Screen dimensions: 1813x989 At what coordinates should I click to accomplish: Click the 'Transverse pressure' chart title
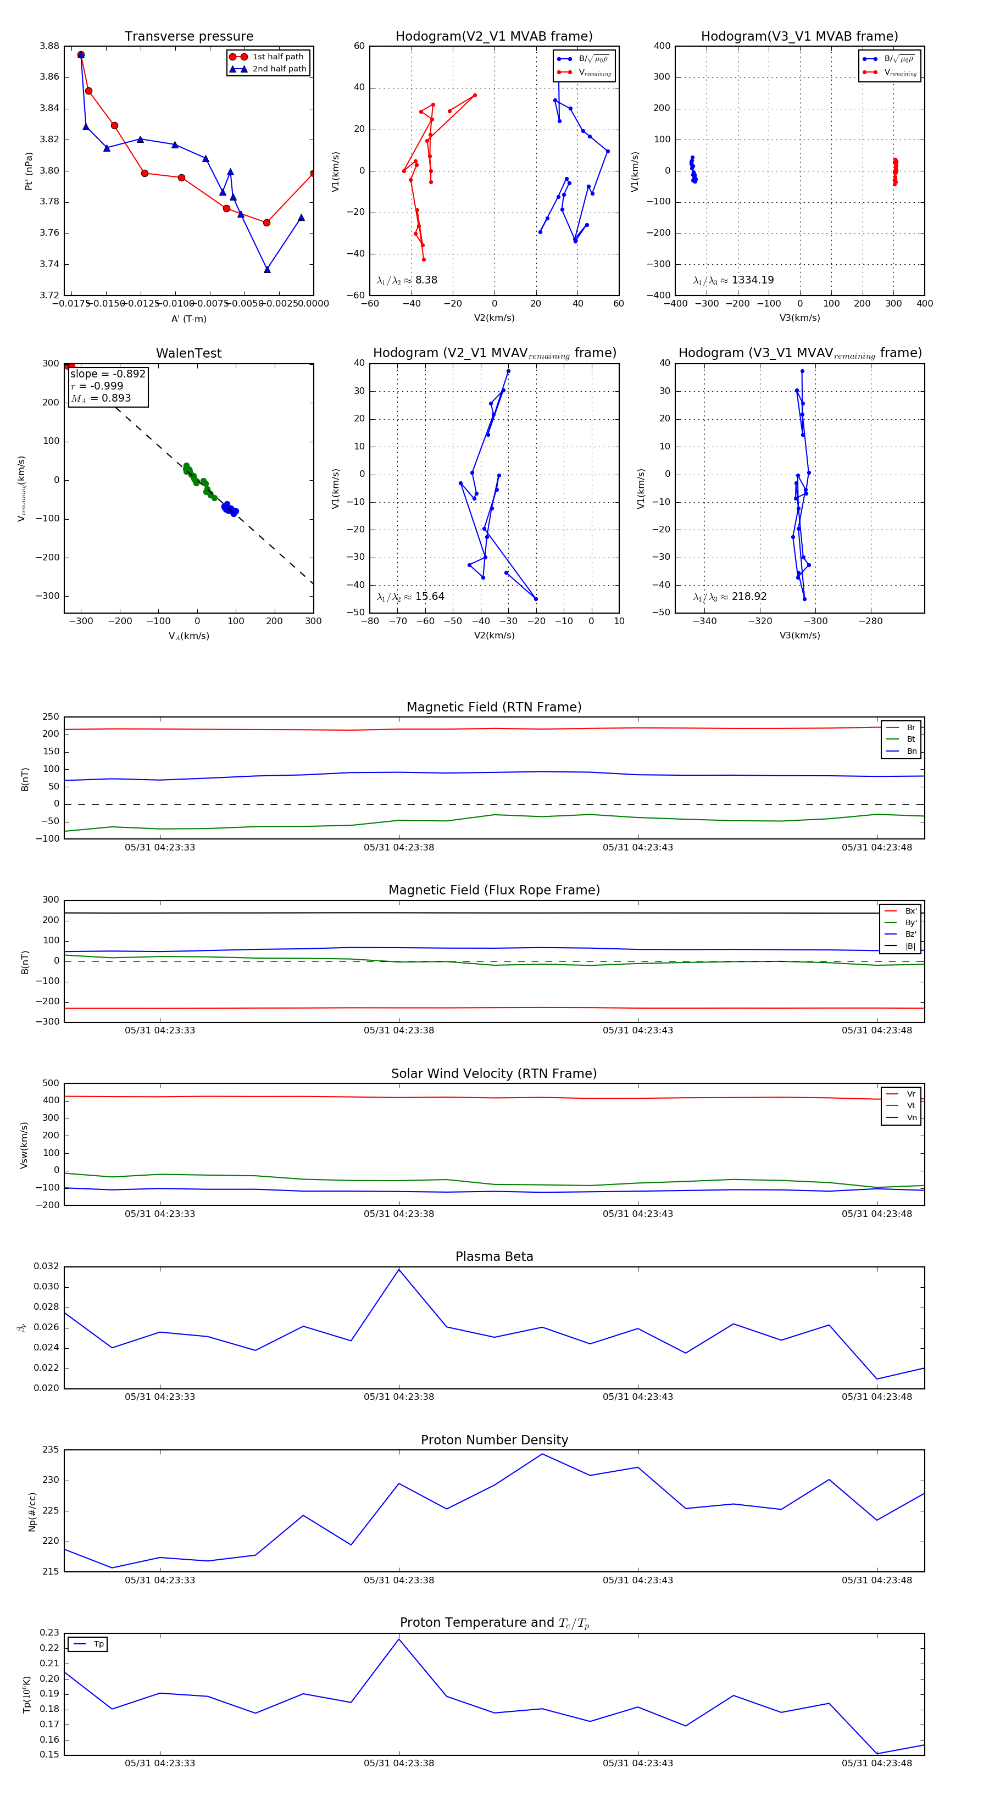coord(188,37)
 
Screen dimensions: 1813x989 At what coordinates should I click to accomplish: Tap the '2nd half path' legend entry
coord(279,69)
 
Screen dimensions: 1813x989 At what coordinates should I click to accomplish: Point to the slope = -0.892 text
coord(108,374)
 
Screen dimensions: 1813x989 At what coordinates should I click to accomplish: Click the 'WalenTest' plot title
coord(188,353)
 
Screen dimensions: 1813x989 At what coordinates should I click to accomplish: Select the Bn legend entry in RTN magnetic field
coord(911,751)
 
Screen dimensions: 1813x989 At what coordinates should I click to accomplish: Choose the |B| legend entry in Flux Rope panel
coord(909,947)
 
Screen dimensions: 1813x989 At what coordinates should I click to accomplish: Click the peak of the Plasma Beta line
coord(399,1270)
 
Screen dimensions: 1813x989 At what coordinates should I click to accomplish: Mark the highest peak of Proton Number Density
coord(542,1454)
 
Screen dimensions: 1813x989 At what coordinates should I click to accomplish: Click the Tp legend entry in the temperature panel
coord(98,1644)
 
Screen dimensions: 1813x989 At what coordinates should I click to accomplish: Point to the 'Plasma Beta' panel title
coord(494,1257)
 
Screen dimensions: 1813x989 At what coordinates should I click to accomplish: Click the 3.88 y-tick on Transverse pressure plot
coord(49,47)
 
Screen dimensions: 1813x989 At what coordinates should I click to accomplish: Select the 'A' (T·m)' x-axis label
coord(188,319)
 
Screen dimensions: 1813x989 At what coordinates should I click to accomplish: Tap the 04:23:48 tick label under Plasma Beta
coord(876,1397)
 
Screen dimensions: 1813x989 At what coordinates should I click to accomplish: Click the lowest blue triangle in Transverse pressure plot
coord(267,270)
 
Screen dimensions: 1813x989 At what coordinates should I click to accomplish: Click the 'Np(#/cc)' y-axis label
coord(32,1511)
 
